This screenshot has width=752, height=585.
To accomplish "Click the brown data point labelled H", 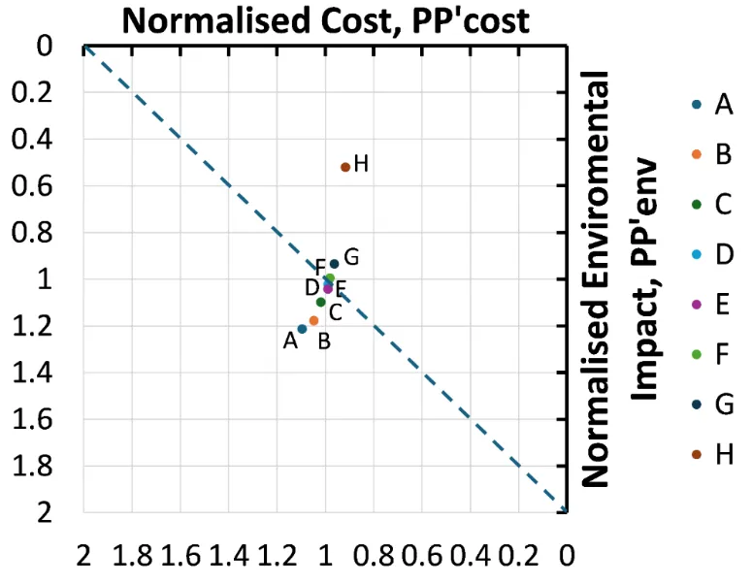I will click(x=345, y=167).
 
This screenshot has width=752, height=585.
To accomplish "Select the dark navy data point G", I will click(x=334, y=264).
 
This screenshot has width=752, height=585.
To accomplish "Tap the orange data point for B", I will click(x=313, y=320).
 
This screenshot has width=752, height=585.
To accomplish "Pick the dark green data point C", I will click(x=320, y=302).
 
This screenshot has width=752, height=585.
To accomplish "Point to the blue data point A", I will click(x=302, y=329).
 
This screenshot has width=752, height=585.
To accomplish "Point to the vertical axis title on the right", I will click(x=620, y=276).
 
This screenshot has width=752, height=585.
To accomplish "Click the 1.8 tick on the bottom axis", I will click(x=132, y=558).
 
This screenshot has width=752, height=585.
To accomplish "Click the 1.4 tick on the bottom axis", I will click(x=229, y=558).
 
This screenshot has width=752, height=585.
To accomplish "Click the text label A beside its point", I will click(x=290, y=341).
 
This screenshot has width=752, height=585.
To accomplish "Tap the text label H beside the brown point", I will click(x=361, y=164).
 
